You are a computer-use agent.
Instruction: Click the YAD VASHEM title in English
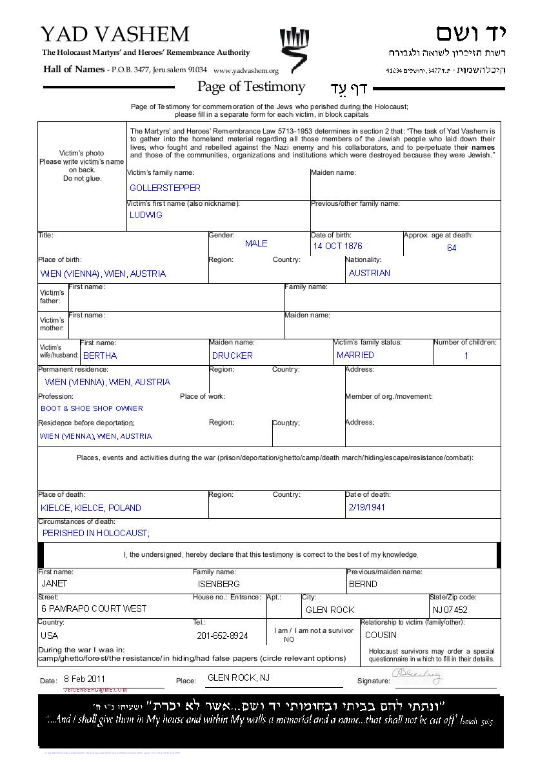click(115, 34)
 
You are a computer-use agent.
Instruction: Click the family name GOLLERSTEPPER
click(165, 188)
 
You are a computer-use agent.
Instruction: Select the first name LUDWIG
click(146, 216)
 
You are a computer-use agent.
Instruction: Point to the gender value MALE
click(256, 244)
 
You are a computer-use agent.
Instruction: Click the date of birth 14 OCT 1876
click(337, 246)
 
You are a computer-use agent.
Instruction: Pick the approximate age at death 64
click(452, 248)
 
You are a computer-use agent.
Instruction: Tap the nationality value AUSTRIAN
click(370, 273)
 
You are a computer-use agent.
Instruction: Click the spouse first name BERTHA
click(100, 356)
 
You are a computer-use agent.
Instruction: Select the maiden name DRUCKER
click(232, 356)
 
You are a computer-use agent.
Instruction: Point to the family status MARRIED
click(355, 355)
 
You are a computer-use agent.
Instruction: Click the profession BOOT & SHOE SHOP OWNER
click(92, 408)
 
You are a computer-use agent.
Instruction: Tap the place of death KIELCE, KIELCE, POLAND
click(90, 508)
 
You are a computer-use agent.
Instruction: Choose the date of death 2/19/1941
click(366, 507)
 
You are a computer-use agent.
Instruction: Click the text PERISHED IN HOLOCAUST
click(95, 533)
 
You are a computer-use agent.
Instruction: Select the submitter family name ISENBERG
click(219, 584)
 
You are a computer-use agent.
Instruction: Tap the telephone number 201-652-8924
click(222, 636)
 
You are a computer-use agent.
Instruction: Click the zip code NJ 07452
click(450, 610)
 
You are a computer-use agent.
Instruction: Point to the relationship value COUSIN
click(381, 635)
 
